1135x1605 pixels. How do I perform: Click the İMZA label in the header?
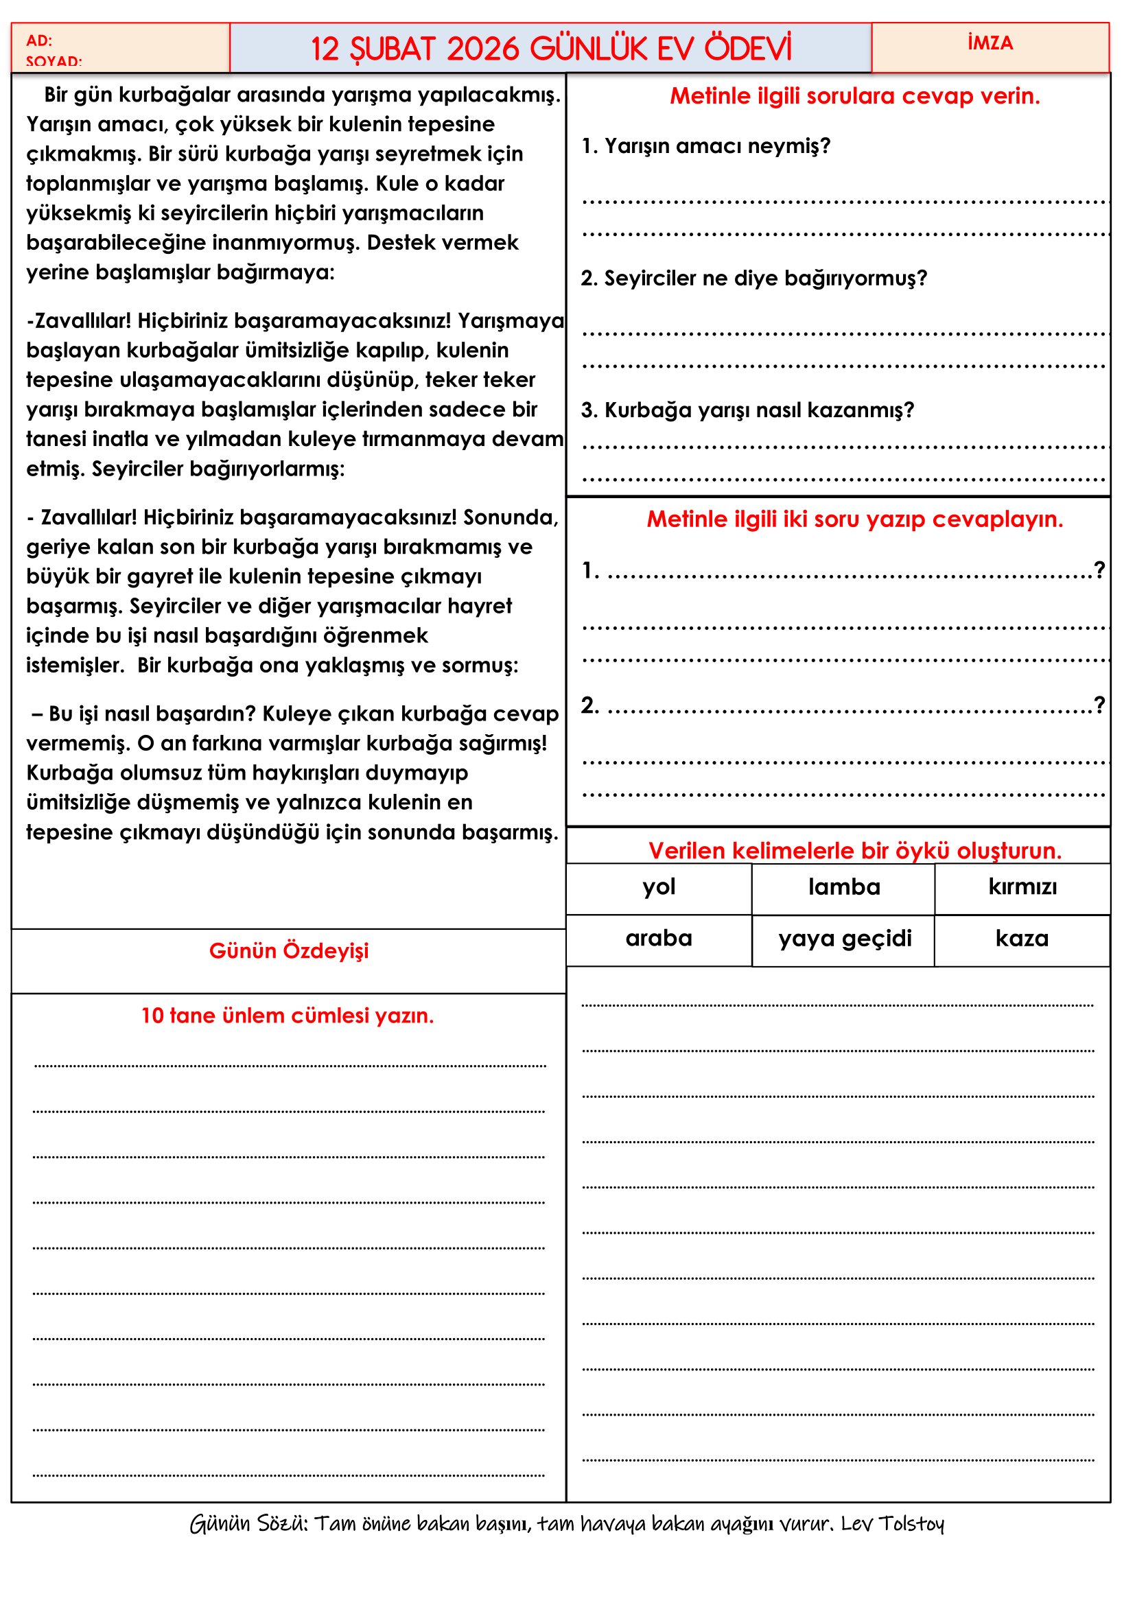[x=990, y=43]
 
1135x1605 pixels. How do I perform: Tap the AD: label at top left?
[x=39, y=40]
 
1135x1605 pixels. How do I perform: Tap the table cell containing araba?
[x=658, y=938]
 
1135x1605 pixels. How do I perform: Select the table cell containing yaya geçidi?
[x=844, y=938]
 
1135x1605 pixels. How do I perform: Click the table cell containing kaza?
[x=1022, y=938]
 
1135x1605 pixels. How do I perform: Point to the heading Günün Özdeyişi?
[x=289, y=950]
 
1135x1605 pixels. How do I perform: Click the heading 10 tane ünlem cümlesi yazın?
[x=288, y=1015]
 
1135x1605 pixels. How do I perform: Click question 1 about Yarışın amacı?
[x=706, y=145]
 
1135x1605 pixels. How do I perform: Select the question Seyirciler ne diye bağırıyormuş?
[x=753, y=278]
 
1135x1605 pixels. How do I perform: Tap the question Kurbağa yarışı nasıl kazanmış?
[x=747, y=410]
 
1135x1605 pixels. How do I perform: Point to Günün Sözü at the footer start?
[x=248, y=1523]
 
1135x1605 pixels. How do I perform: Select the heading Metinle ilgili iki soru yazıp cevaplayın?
[x=855, y=519]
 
